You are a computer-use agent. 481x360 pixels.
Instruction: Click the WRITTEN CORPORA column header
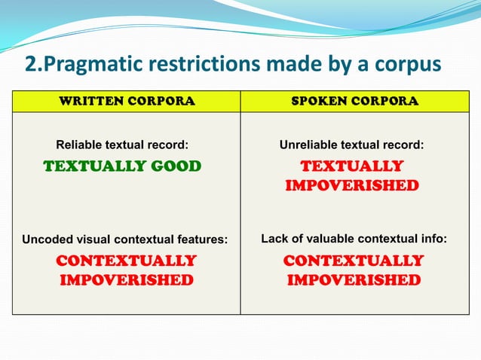click(x=127, y=101)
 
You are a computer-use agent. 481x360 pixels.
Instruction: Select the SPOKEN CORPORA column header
click(x=354, y=101)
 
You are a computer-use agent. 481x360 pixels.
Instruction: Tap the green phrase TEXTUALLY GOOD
click(x=122, y=166)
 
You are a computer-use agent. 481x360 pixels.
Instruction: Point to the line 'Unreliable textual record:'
click(x=351, y=145)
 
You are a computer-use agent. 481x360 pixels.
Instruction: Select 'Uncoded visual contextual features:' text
click(x=125, y=239)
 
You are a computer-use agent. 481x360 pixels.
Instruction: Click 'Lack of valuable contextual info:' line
click(x=354, y=239)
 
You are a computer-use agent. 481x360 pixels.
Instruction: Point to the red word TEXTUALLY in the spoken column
click(x=352, y=166)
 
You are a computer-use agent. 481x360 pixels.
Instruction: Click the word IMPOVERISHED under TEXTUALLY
click(x=352, y=185)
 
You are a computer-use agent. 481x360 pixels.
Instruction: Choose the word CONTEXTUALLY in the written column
click(x=127, y=261)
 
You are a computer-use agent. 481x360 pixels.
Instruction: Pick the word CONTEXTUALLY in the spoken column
click(x=354, y=261)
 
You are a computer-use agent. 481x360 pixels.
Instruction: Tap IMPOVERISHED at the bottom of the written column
click(x=127, y=280)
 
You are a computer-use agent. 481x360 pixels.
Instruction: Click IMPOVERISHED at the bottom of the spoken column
click(x=354, y=280)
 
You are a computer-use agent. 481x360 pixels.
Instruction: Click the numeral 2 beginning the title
click(x=30, y=64)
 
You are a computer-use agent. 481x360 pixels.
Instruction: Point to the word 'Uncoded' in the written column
click(x=44, y=239)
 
